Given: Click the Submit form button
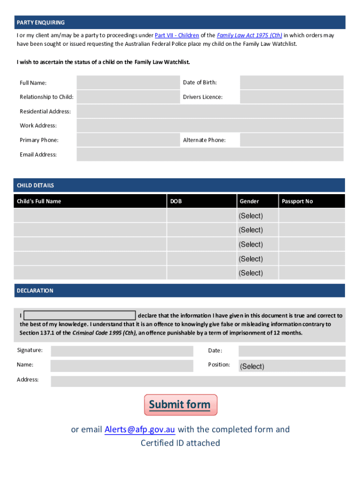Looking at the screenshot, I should (180, 405).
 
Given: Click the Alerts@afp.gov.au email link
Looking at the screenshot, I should (140, 429).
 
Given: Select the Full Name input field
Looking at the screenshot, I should (128, 83).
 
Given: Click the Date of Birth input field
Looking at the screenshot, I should (291, 83).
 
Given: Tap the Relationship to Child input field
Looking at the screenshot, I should (128, 97).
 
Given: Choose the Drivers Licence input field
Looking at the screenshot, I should (291, 97).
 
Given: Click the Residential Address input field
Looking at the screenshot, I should (209, 111).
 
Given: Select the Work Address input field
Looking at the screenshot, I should (209, 125).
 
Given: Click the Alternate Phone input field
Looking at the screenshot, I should (291, 140).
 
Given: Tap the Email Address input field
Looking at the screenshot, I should (209, 154).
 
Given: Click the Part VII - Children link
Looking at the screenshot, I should (177, 36).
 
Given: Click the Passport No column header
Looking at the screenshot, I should (297, 201).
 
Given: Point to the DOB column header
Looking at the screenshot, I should (176, 201).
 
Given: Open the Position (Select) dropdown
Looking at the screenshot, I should (291, 366).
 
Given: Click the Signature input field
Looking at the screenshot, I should (122, 351).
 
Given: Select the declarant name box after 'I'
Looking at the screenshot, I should (79, 315).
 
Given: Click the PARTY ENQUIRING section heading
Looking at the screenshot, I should (41, 22).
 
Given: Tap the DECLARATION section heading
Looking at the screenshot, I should (35, 290).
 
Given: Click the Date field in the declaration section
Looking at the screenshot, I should (291, 351).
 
